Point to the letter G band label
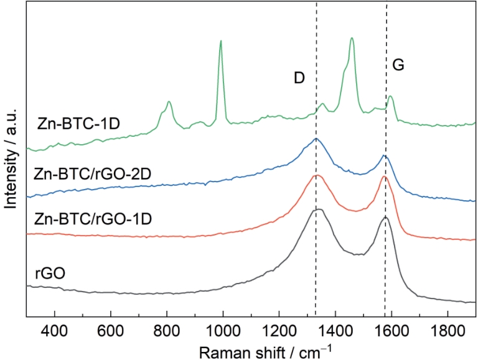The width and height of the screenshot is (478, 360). coord(398,64)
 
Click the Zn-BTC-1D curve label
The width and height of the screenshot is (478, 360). coord(78,122)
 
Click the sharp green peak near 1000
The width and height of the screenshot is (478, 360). coord(220,42)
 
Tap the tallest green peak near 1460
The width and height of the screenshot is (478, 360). coord(352,39)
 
